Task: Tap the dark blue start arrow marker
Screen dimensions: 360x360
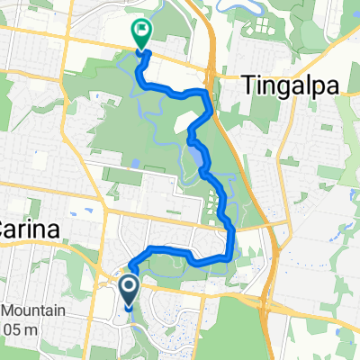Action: pyautogui.click(x=128, y=289)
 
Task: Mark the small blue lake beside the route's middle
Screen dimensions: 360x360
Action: pyautogui.click(x=195, y=162)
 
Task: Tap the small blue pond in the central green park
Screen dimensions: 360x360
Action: pyautogui.click(x=135, y=165)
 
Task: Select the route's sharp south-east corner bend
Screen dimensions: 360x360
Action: pyautogui.click(x=229, y=256)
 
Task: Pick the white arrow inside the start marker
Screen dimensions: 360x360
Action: pyautogui.click(x=128, y=288)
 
